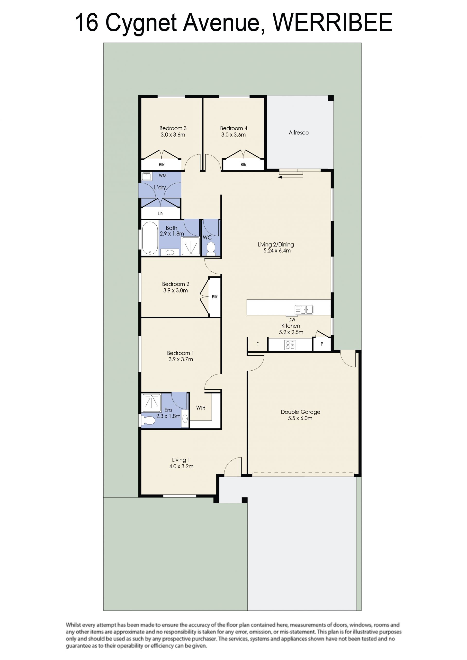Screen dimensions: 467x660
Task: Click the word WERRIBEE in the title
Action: pos(332,22)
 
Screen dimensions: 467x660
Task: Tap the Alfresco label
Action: pos(298,133)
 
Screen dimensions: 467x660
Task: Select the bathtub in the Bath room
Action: pos(150,238)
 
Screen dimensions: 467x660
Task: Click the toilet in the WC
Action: pos(211,249)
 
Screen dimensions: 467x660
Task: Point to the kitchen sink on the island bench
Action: pos(304,310)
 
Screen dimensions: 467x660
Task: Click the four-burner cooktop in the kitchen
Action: pos(290,345)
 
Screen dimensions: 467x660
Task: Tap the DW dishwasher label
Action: pos(292,320)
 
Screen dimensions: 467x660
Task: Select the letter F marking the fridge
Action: pos(258,344)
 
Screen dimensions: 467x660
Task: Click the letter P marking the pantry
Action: pos(322,344)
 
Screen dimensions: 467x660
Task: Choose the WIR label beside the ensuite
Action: pos(201,408)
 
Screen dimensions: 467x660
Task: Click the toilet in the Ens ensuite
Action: pos(148,420)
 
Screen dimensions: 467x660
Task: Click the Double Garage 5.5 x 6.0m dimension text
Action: pos(300,418)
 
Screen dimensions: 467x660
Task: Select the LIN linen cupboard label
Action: pos(161,213)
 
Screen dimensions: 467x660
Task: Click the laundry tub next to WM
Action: pos(147,176)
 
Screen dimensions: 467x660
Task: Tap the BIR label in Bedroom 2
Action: pos(215,297)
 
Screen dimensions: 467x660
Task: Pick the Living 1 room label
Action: pos(181,460)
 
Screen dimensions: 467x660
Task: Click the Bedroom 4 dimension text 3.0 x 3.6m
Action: pos(233,134)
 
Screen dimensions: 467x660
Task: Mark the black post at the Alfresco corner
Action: pos(331,98)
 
